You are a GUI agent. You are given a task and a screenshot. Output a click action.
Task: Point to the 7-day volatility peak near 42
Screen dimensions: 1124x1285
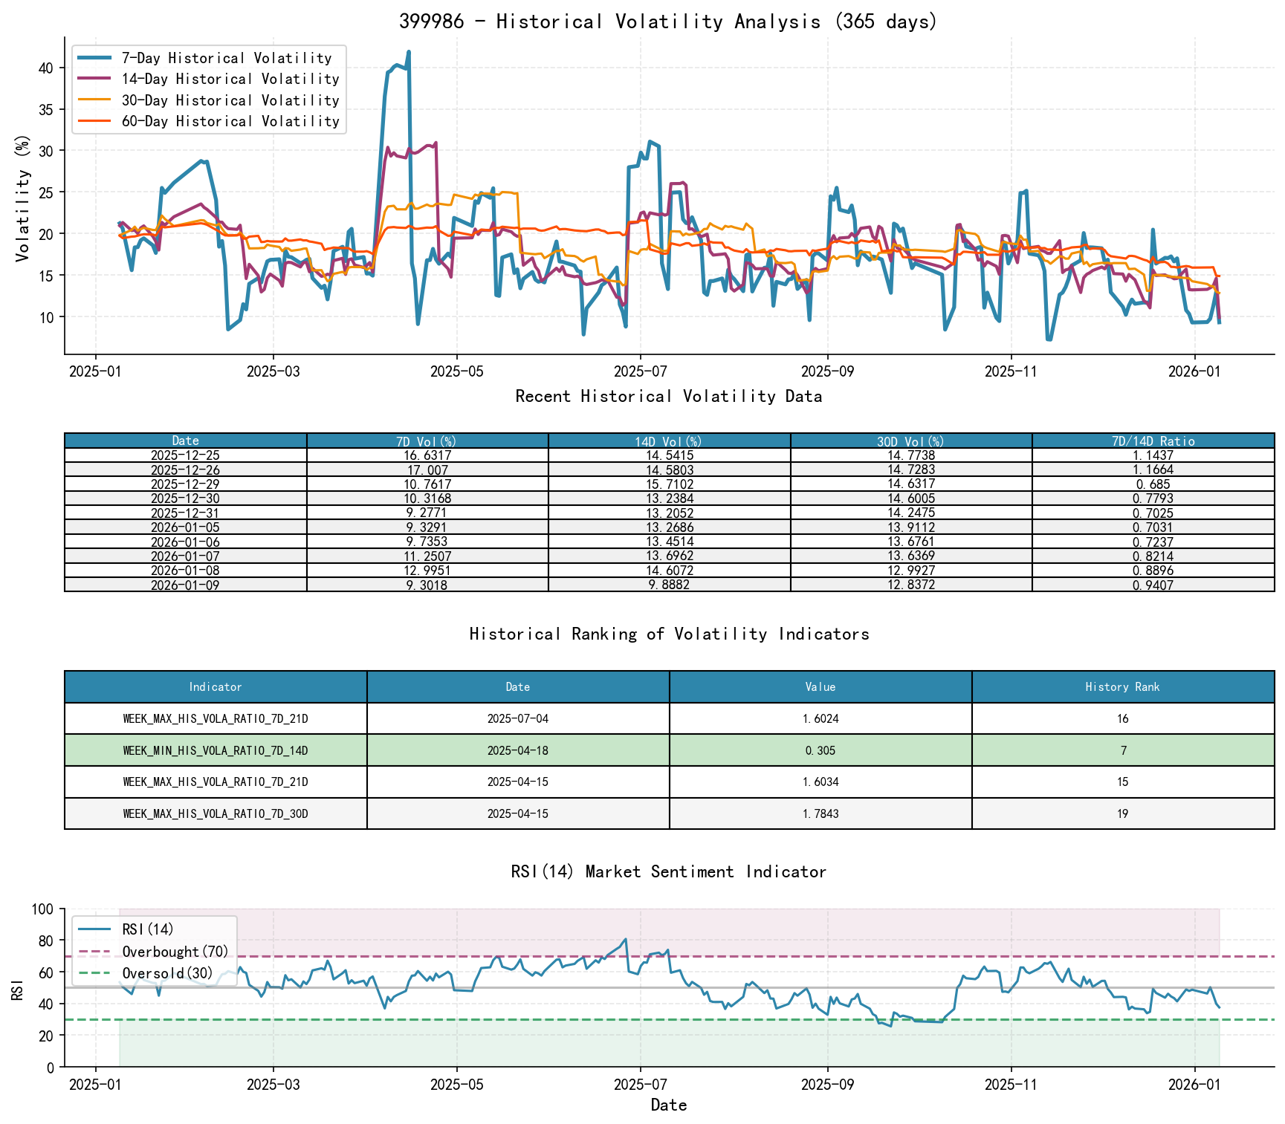[x=409, y=52]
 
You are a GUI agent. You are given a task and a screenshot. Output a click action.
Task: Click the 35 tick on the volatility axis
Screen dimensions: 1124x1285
[x=45, y=109]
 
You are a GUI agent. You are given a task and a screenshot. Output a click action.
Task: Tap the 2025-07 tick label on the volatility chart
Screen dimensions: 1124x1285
[x=640, y=371]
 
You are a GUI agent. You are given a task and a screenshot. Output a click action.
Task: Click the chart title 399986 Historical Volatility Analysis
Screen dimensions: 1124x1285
[x=668, y=22]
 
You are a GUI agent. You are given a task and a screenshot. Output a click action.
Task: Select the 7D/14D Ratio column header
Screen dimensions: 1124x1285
[x=1153, y=441]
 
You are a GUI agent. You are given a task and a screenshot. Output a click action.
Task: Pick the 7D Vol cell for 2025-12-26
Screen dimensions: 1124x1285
[x=427, y=470]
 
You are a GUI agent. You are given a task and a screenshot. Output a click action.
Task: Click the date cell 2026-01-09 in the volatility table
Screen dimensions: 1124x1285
[x=185, y=585]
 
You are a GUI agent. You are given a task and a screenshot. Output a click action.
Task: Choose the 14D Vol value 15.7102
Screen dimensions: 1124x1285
[x=669, y=484]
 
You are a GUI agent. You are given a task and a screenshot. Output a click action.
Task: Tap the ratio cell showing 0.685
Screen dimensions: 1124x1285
[x=1153, y=484]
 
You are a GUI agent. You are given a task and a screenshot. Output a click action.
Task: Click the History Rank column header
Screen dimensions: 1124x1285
[x=1122, y=687]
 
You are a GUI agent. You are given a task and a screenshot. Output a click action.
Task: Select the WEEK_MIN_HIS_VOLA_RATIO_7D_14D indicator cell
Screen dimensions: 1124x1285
[x=216, y=750]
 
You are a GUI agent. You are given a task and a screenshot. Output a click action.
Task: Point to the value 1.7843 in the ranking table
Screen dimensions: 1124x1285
[x=820, y=813]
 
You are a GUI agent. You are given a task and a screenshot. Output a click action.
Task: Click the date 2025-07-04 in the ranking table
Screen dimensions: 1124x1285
[x=518, y=719]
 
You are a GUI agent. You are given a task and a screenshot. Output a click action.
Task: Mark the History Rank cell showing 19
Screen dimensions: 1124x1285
[x=1122, y=813]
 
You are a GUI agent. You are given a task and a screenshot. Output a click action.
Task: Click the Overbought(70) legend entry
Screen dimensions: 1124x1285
[x=175, y=952]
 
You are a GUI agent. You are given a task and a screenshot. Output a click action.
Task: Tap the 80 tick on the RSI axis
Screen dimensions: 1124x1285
[x=45, y=941]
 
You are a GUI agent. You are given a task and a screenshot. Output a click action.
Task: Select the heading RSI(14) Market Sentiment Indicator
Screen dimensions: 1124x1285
[x=668, y=871]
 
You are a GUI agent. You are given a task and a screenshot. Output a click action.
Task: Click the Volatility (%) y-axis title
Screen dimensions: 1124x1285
[x=23, y=198]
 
